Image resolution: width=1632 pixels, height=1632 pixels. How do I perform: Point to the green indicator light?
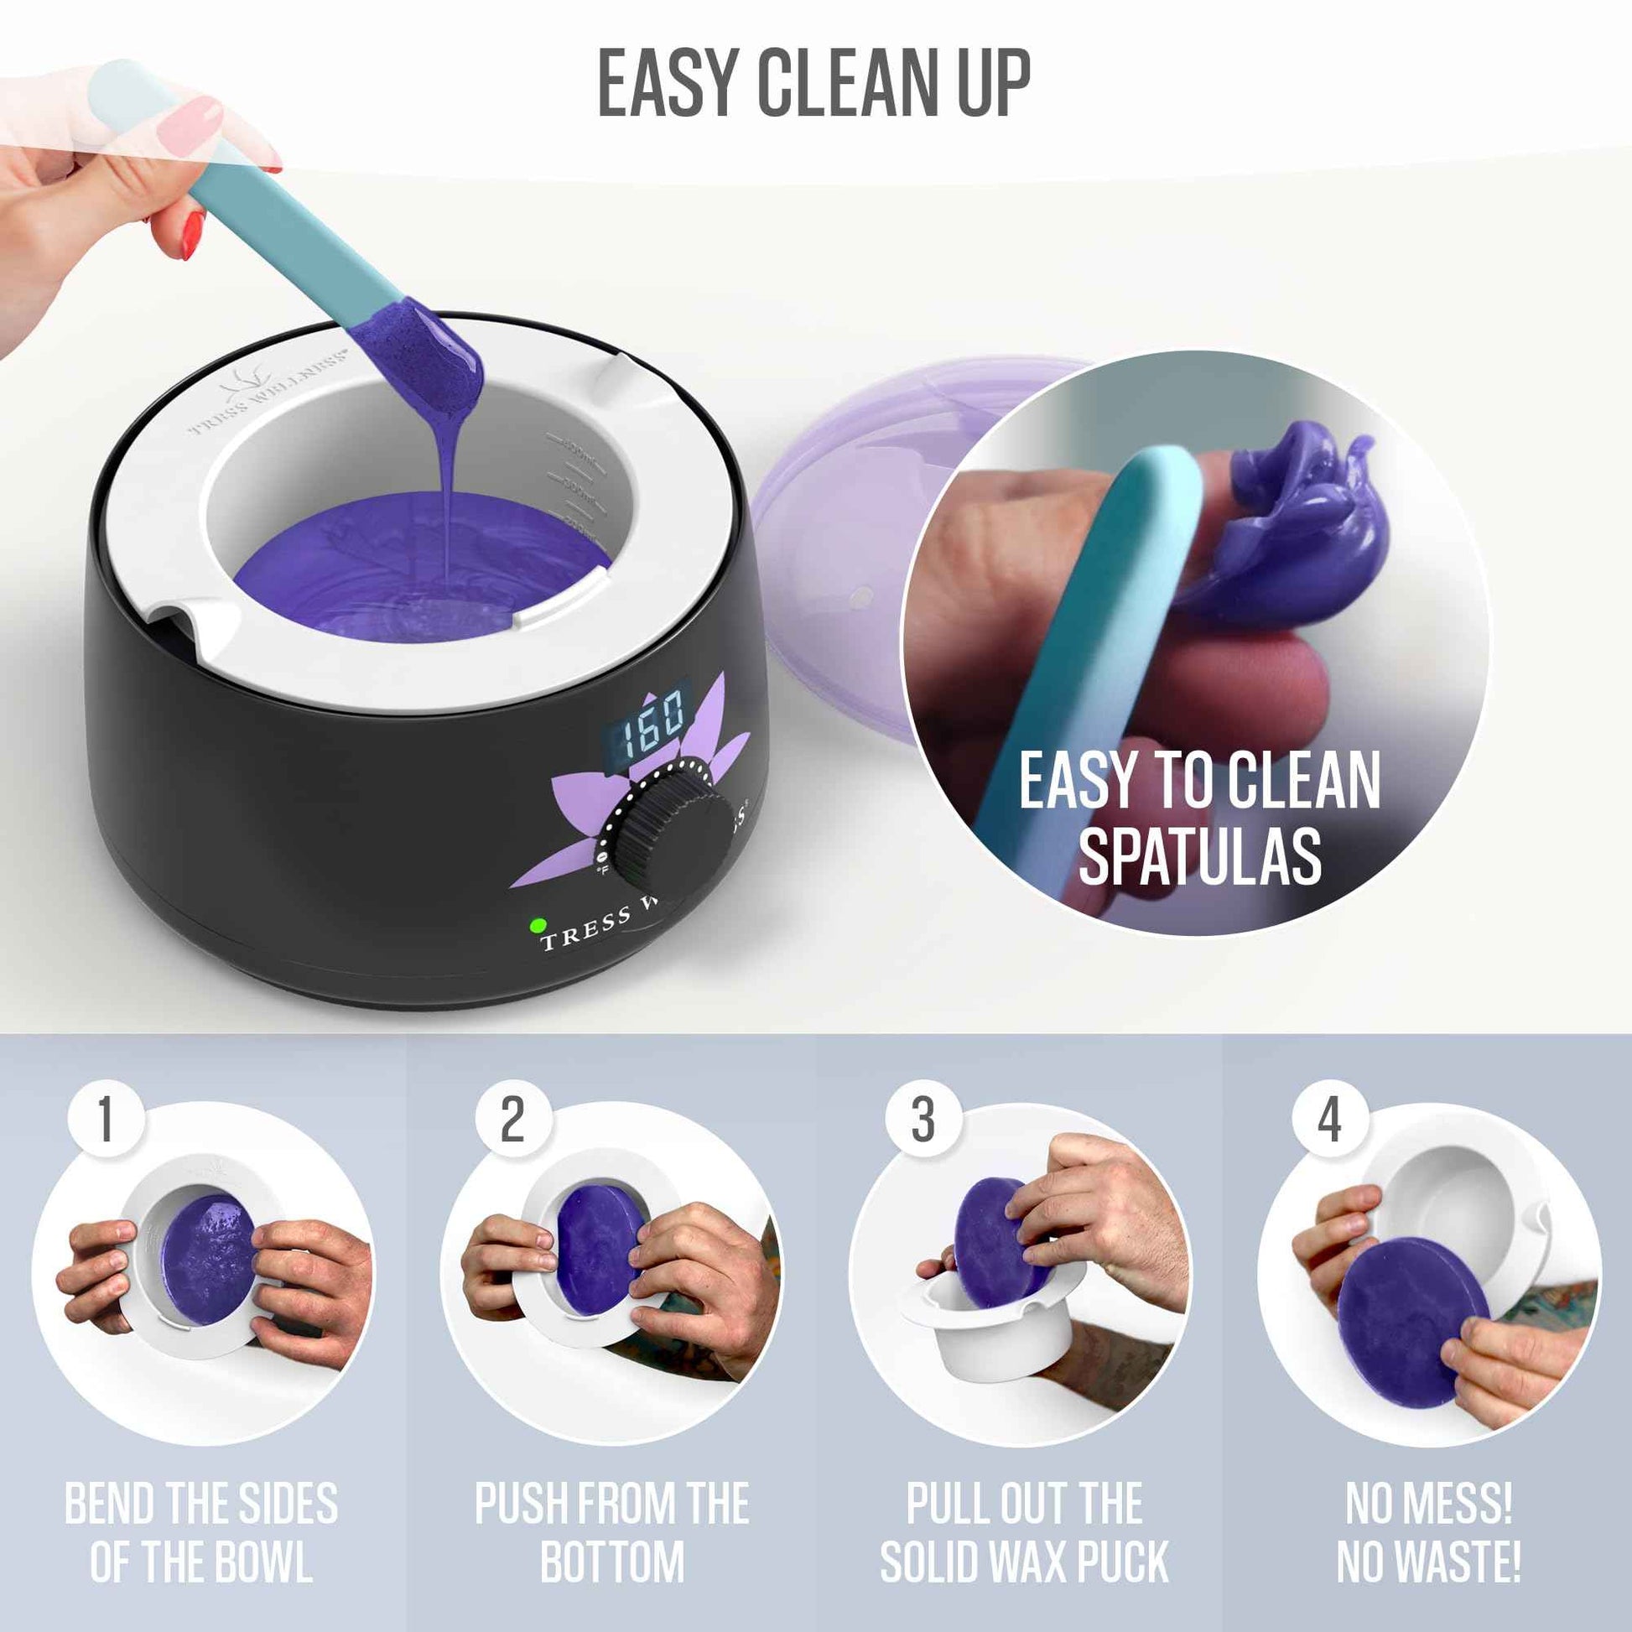(537, 925)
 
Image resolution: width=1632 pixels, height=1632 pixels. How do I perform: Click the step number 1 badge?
(106, 1120)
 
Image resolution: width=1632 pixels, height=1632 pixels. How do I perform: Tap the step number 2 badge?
(512, 1120)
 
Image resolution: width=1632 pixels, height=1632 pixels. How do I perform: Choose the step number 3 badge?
(923, 1120)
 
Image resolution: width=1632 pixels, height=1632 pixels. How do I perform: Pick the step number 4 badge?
(1329, 1120)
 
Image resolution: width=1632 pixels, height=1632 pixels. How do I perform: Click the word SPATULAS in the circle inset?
(1199, 856)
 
